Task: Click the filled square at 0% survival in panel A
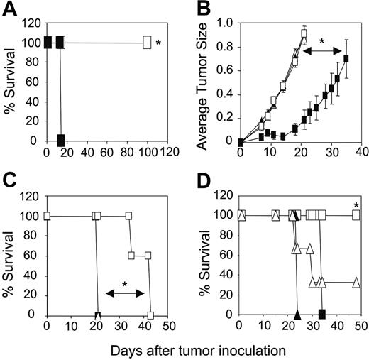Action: [62, 138]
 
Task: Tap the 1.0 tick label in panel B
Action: [226, 22]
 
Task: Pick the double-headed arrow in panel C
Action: [125, 293]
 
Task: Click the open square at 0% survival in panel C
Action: [150, 315]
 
